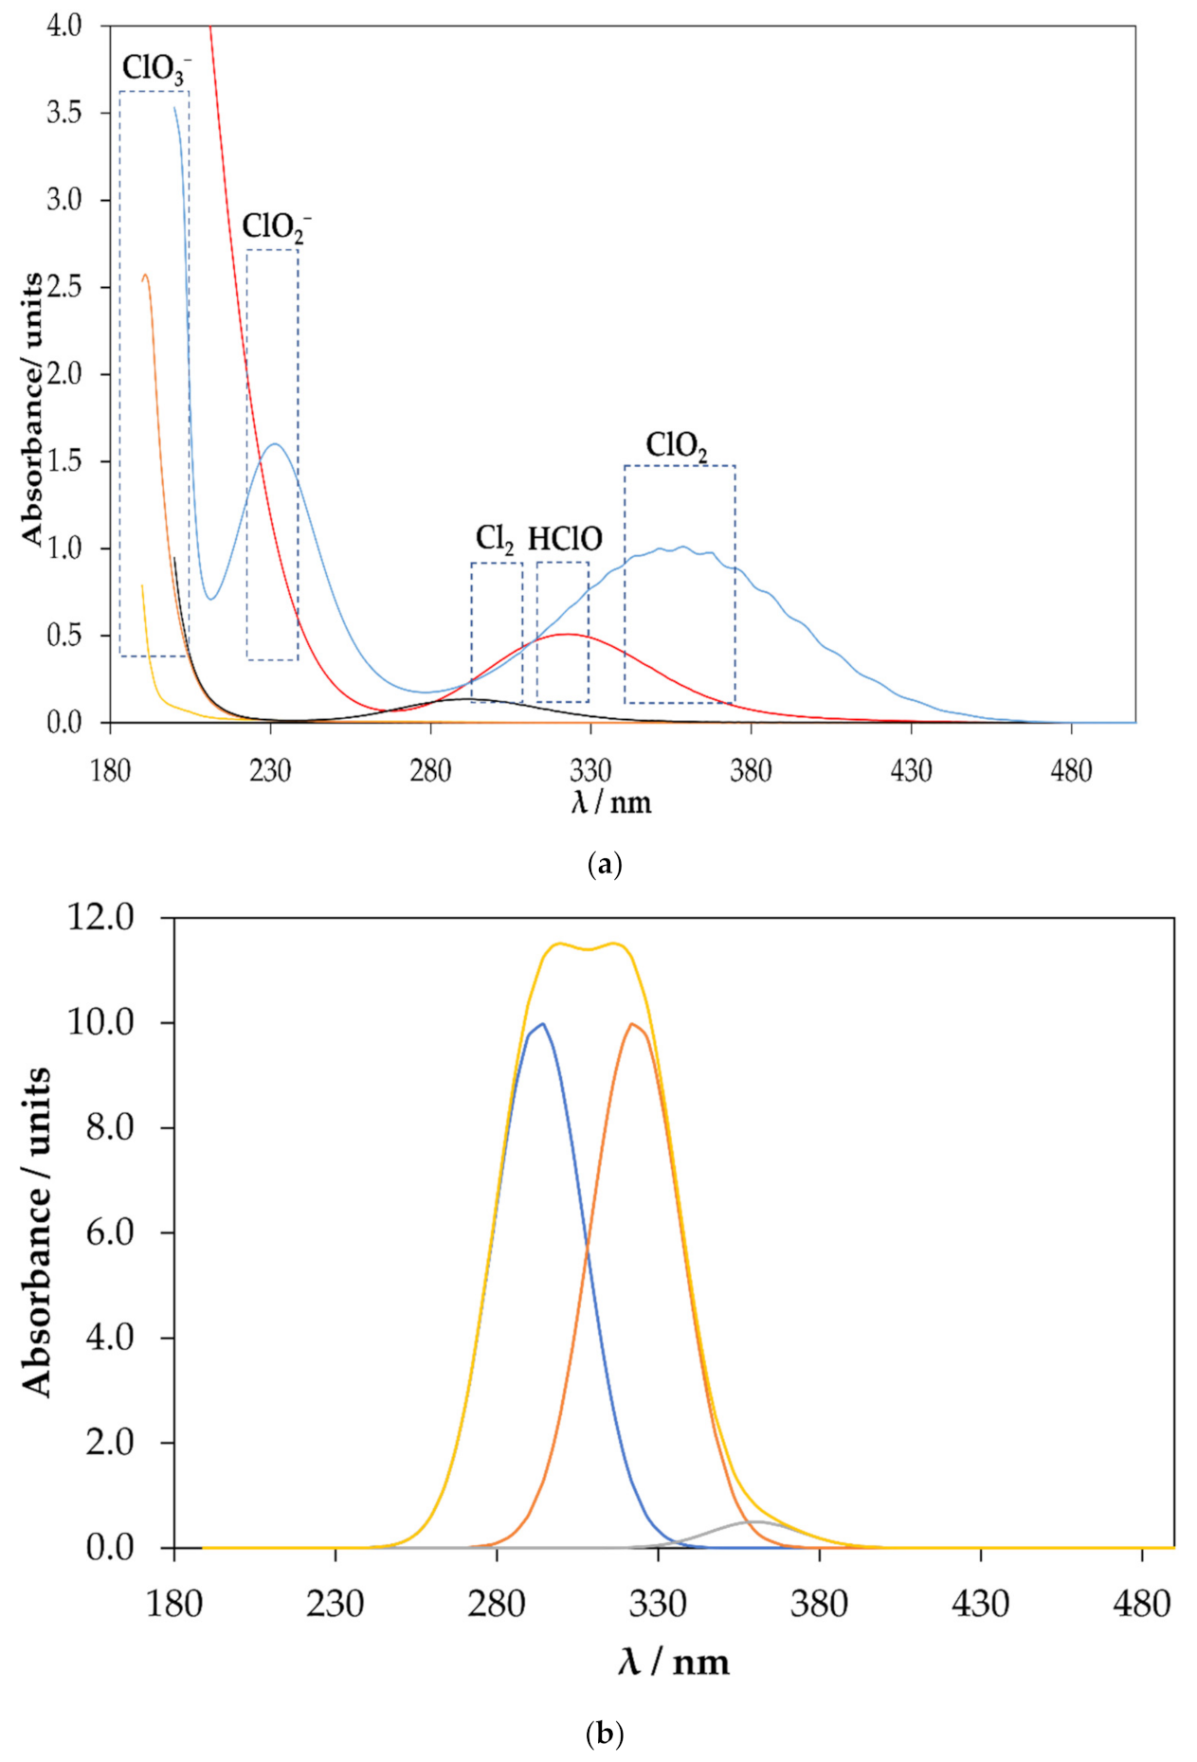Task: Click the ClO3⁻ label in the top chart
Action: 155,68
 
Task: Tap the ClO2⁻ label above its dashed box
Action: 275,226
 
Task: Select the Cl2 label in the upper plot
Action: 495,539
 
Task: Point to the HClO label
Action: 565,539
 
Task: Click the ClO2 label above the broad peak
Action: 677,444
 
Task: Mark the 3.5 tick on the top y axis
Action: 64,113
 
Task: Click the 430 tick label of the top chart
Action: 911,771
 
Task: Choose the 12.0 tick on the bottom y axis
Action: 100,917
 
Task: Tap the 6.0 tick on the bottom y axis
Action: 110,1232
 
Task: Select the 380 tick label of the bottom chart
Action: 819,1604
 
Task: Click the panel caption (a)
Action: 605,864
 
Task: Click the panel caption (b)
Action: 605,1735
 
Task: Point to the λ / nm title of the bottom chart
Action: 674,1663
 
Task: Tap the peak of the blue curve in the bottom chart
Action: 541,1024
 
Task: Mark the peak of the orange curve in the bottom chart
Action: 632,1024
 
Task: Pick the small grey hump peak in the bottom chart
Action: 757,1521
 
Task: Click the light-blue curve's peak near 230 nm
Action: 275,443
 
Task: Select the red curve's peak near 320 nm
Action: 566,634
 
